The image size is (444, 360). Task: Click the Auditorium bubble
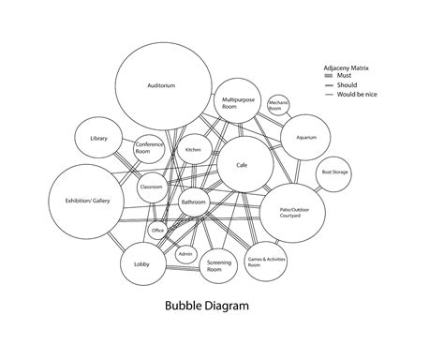click(x=161, y=86)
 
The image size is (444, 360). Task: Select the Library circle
click(x=98, y=139)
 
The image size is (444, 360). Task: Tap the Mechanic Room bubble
click(x=276, y=106)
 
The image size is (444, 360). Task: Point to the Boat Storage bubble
click(x=335, y=172)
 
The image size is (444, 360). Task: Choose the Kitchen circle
click(x=193, y=150)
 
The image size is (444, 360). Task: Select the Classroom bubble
click(x=152, y=187)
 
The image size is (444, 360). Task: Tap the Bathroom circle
click(x=194, y=202)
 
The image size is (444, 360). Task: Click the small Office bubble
click(x=158, y=230)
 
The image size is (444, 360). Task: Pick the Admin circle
click(x=185, y=253)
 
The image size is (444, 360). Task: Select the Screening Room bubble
click(x=221, y=265)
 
